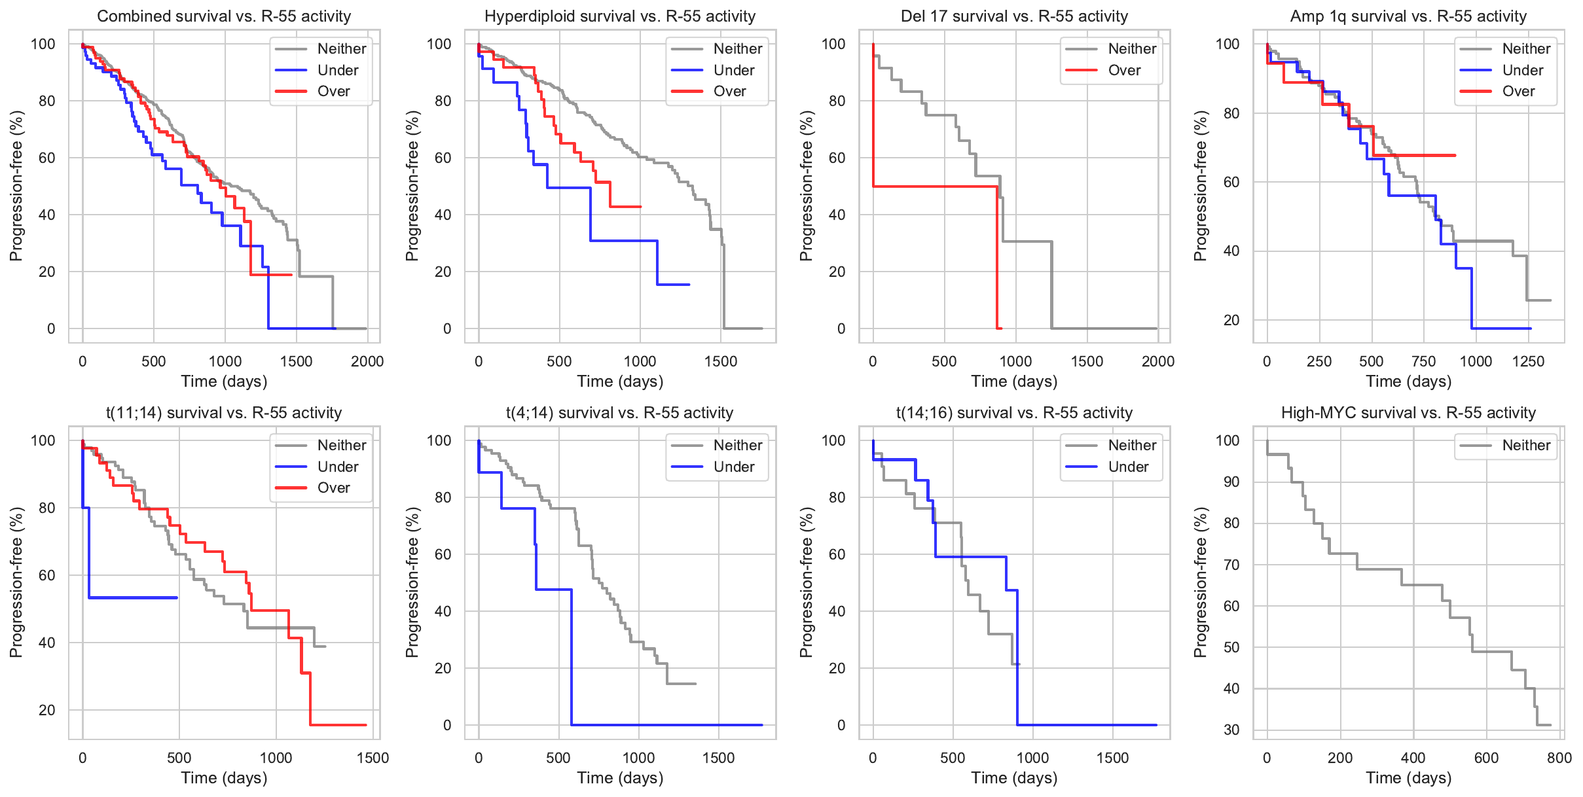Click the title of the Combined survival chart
(224, 16)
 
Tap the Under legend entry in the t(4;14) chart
(733, 467)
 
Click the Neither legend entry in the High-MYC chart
(1525, 446)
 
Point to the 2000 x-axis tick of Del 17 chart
(1157, 361)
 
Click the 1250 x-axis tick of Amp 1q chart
(1528, 361)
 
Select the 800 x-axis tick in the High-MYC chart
(1559, 758)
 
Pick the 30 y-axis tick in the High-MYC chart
(1231, 730)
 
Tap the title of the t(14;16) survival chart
(1014, 413)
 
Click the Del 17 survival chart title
(1014, 16)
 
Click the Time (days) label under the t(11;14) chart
(224, 778)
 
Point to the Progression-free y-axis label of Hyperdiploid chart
(412, 186)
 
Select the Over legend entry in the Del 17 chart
(1124, 71)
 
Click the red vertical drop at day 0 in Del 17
(873, 118)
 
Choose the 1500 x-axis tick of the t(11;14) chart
(373, 758)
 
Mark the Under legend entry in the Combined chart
(337, 71)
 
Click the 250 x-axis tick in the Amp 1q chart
(1319, 361)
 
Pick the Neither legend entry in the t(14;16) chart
(1131, 446)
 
